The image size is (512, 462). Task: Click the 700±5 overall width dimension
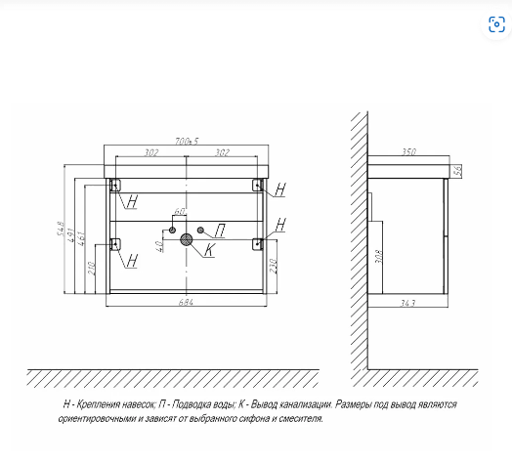click(187, 142)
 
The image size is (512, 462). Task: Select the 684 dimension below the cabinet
click(186, 303)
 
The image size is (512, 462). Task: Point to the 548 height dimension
click(61, 229)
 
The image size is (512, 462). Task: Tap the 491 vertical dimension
click(71, 235)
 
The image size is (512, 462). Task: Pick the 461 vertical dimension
click(81, 239)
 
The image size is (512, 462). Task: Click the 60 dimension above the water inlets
click(180, 211)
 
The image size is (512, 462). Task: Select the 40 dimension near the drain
click(159, 246)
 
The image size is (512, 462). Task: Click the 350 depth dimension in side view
click(408, 151)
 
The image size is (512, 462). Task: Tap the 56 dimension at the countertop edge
click(458, 170)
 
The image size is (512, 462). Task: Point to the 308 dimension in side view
click(378, 257)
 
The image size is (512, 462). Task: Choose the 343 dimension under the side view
click(408, 304)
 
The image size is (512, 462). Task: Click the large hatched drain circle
click(187, 239)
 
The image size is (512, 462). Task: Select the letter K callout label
click(209, 250)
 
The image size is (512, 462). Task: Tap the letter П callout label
click(221, 231)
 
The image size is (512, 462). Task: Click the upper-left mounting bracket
click(115, 186)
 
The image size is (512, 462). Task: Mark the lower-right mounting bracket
click(258, 244)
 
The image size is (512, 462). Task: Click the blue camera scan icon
click(496, 24)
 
